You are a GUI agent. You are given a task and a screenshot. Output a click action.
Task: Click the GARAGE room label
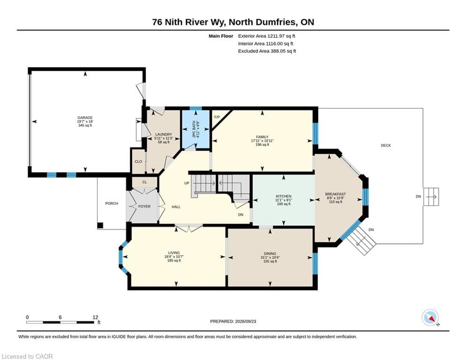coord(85,118)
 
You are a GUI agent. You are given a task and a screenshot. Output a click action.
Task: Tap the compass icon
coord(430,318)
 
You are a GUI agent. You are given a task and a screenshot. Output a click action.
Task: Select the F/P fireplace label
coord(217,117)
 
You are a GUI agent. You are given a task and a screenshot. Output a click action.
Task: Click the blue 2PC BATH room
coord(196,129)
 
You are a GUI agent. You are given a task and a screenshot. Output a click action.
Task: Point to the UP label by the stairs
coord(187,183)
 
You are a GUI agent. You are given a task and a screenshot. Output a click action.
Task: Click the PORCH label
coord(112,203)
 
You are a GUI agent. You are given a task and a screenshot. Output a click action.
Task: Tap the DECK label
coord(386,145)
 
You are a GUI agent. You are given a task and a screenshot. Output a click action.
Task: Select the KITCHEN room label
coord(283,196)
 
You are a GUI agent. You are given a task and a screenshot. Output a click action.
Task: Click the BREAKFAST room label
coord(335,194)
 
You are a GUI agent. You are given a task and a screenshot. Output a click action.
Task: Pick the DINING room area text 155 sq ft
coord(270,261)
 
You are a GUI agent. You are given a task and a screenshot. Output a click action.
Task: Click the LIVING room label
coord(174,253)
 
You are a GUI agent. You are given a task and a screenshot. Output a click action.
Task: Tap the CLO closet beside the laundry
coord(139,162)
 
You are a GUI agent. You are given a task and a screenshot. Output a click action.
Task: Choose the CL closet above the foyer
coord(144,182)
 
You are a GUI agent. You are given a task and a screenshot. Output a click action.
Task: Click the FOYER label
coord(144,206)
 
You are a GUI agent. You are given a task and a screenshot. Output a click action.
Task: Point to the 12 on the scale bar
coord(95,317)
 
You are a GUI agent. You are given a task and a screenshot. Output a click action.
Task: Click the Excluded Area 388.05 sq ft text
coord(267,51)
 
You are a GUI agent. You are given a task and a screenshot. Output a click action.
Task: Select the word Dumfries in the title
coord(276,22)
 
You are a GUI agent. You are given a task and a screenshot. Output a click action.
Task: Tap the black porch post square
coord(100,225)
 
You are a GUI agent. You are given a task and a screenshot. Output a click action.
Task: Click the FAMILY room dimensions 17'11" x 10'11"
coord(262,141)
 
